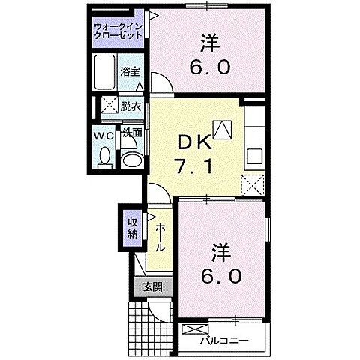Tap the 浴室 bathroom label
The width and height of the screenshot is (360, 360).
click(x=130, y=72)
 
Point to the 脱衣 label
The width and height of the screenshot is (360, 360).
click(x=131, y=106)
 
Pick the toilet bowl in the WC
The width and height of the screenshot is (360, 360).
click(x=105, y=157)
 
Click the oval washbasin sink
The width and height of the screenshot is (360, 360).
click(x=133, y=159)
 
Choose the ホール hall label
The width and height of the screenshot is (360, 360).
click(x=160, y=238)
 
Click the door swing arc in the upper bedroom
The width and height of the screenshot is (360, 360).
click(x=161, y=82)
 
